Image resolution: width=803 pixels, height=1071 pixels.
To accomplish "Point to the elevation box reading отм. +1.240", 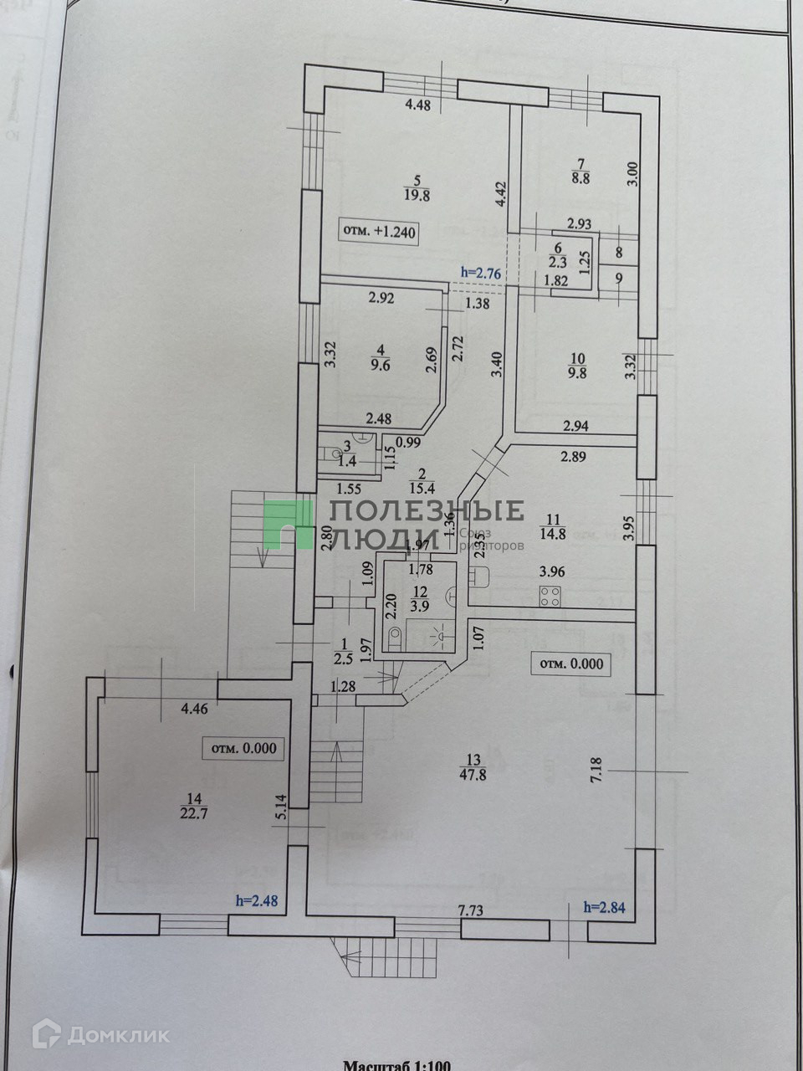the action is [378, 230].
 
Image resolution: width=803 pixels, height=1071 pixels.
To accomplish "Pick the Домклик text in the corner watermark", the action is [118, 1036].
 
